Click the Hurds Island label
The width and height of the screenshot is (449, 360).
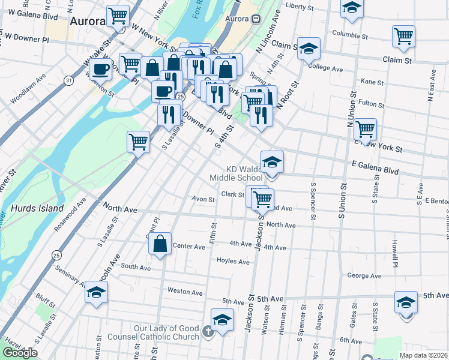pyautogui.click(x=37, y=208)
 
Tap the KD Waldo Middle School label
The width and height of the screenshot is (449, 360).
pyautogui.click(x=236, y=173)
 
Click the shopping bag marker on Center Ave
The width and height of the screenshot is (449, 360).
pyautogui.click(x=160, y=244)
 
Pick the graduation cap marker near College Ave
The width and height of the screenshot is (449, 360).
pyautogui.click(x=309, y=49)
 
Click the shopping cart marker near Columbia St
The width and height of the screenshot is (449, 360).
pyautogui.click(x=403, y=35)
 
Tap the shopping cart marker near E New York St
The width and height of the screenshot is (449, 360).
pyautogui.click(x=365, y=128)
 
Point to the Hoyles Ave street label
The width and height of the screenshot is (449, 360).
pyautogui.click(x=233, y=262)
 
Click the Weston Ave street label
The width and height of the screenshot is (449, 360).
pyautogui.click(x=185, y=292)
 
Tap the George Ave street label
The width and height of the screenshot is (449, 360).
pyautogui.click(x=364, y=276)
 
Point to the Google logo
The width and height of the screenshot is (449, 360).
pyautogui.click(x=20, y=353)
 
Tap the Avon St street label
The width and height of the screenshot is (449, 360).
pyautogui.click(x=203, y=199)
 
